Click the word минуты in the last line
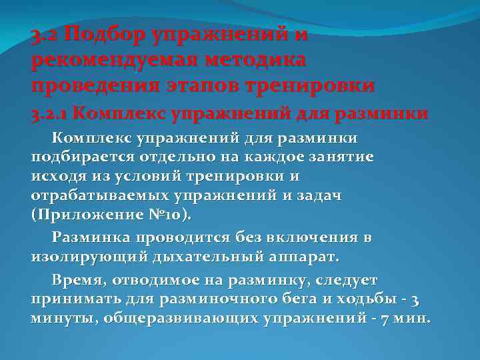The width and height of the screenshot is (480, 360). tap(62, 318)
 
